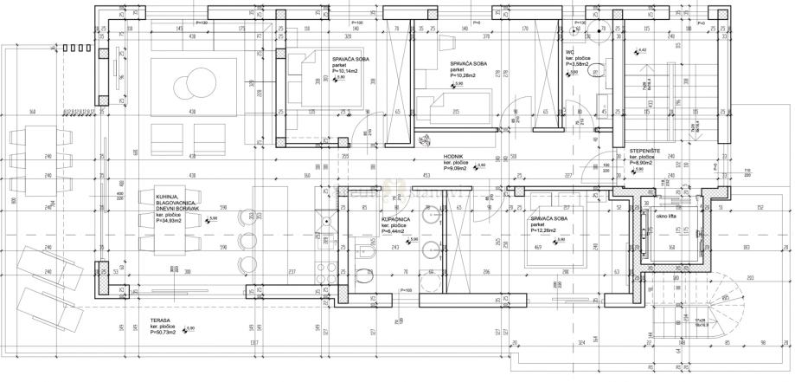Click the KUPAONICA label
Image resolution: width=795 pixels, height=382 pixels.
pos(396,222)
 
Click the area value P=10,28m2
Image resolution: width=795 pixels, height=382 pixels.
pos(468,75)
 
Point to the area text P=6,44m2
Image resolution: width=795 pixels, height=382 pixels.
pos(398,233)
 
